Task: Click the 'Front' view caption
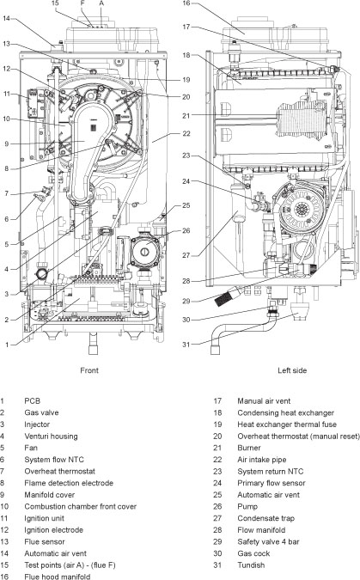[88, 370]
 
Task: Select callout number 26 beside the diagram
[186, 230]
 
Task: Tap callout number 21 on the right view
[186, 115]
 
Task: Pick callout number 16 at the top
[186, 4]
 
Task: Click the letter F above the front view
[82, 3]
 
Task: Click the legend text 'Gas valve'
[42, 412]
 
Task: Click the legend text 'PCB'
[32, 400]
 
